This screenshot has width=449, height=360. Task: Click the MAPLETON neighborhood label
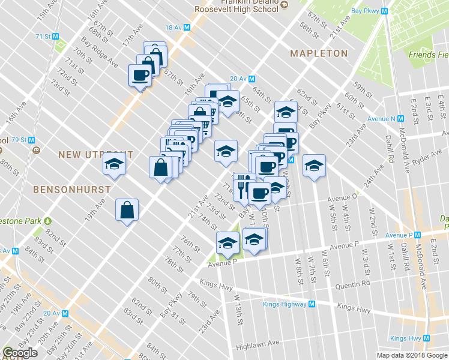319,53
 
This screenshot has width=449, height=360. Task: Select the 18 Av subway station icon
187,28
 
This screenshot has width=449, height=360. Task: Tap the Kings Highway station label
285,304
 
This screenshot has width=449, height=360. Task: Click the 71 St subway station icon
56,37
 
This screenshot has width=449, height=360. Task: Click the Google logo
20,353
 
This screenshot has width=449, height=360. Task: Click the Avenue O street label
343,195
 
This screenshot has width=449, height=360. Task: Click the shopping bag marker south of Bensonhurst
127,210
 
